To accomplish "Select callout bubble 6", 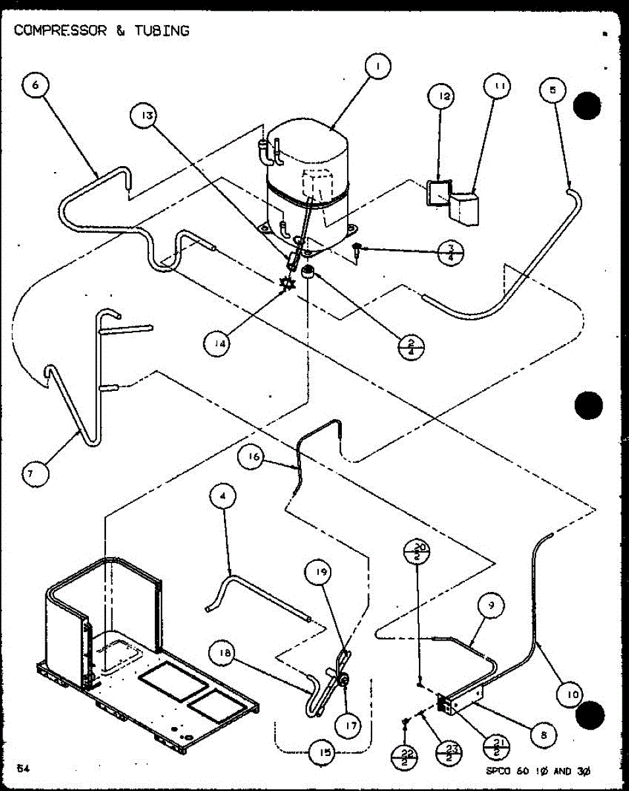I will pos(36,86).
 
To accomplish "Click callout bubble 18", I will pos(223,654).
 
